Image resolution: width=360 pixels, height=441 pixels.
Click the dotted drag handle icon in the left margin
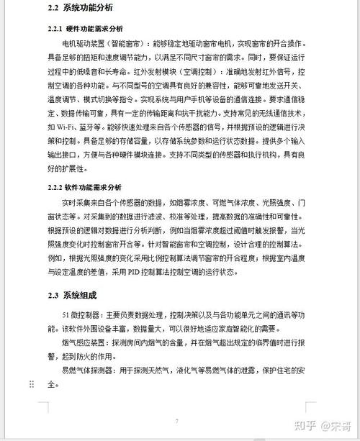click(x=31, y=385)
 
